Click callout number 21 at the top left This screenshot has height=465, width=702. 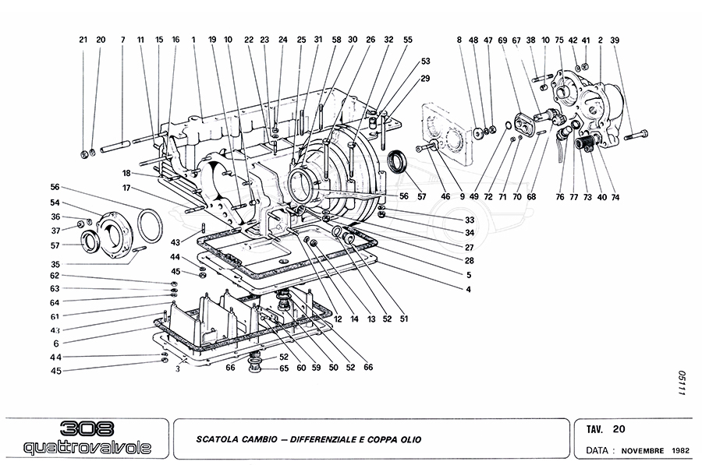coord(83,39)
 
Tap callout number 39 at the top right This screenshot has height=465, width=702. coord(615,39)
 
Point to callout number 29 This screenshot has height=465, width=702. coord(426,79)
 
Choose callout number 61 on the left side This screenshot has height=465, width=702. coord(55,317)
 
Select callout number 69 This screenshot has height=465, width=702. coord(503,39)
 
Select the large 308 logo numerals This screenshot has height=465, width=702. coord(87,429)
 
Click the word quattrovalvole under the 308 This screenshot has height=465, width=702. coord(84,448)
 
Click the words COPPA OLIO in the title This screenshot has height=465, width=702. coord(395,440)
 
